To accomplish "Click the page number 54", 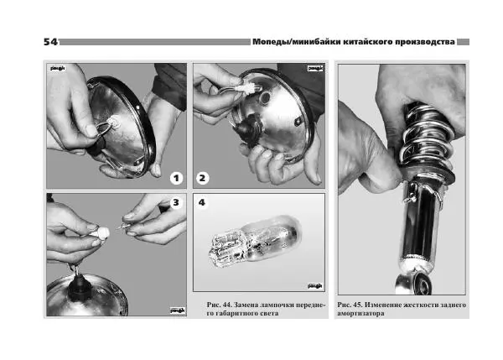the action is [50, 42].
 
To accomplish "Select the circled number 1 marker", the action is [176, 178].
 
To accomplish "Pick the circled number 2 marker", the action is [202, 178].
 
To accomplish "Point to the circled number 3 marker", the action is [176, 202].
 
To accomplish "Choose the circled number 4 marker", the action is [202, 202].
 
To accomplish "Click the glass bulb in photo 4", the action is [255, 242].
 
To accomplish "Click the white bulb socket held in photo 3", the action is [101, 232].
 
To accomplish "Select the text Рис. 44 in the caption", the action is [219, 305].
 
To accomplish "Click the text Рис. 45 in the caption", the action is [350, 305].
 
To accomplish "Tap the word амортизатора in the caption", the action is [360, 314].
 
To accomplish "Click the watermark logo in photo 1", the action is [58, 68].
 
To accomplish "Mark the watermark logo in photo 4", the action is [315, 286].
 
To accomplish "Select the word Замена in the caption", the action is [246, 305].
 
